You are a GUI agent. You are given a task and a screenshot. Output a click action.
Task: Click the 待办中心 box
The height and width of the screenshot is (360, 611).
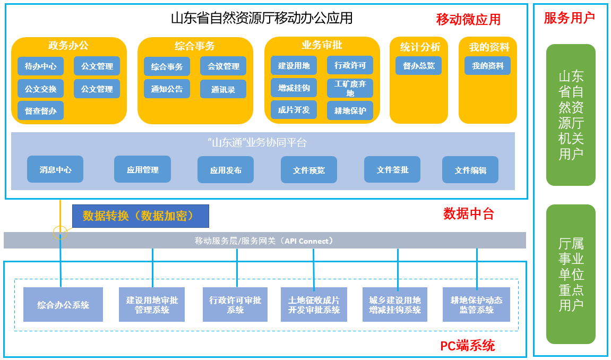(x=40, y=66)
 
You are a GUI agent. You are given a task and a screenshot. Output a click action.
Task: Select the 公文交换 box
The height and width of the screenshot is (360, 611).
(x=40, y=89)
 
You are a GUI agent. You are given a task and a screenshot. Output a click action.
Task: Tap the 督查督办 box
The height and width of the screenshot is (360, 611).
(x=40, y=110)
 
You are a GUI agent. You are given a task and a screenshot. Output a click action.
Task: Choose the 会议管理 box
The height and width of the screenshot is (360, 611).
(x=223, y=66)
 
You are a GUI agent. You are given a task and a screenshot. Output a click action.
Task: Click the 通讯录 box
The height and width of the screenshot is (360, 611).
(x=223, y=89)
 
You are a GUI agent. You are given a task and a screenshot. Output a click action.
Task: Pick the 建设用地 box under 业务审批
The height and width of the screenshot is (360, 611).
(x=294, y=66)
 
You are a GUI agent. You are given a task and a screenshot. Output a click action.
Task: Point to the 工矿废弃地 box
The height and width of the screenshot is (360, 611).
(x=350, y=88)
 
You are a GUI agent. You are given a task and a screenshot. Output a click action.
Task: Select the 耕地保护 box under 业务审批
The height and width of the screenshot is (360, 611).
(x=350, y=110)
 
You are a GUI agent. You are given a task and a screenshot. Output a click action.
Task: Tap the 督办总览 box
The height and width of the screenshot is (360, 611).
(x=418, y=66)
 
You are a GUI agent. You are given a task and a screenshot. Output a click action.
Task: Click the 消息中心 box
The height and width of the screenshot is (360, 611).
(x=55, y=170)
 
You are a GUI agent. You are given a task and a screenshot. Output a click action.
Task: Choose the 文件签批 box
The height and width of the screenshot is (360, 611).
(x=392, y=170)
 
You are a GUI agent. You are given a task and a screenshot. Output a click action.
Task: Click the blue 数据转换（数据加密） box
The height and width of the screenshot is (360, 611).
(x=141, y=216)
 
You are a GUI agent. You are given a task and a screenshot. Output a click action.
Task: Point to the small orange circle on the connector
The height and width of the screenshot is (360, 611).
(x=60, y=232)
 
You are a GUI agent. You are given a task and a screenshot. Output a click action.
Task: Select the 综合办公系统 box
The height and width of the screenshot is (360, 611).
(x=63, y=305)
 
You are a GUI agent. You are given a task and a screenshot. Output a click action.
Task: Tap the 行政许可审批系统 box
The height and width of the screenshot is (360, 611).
(x=235, y=305)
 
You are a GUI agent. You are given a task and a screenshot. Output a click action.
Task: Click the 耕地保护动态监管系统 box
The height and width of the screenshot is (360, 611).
(x=476, y=305)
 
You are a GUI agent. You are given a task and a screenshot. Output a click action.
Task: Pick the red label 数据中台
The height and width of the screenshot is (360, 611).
(x=468, y=214)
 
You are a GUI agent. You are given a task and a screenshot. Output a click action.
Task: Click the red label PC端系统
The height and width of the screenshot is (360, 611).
(x=467, y=346)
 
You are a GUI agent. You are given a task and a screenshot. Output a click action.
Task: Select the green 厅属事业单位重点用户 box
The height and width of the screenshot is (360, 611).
(x=571, y=274)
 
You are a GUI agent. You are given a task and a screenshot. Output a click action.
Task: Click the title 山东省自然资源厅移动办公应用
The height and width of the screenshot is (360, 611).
(x=261, y=18)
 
